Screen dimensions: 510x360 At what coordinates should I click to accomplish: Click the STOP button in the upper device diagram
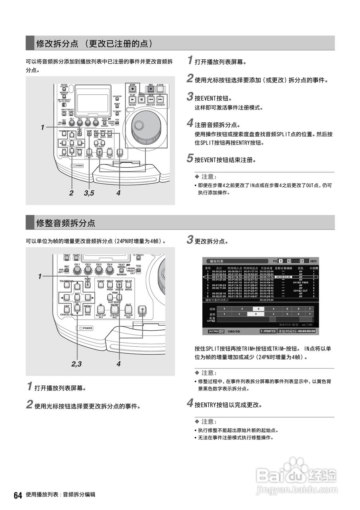(133, 88)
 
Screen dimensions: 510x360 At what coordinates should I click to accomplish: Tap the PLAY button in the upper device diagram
(133, 100)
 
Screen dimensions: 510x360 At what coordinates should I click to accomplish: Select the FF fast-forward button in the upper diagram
(160, 100)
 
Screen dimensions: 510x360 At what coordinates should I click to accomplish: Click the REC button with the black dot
(151, 88)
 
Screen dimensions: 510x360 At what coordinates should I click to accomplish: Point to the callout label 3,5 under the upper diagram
(89, 193)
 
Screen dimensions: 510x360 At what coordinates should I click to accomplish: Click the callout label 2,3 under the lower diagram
(77, 363)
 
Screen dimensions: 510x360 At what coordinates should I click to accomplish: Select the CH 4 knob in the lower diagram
(110, 271)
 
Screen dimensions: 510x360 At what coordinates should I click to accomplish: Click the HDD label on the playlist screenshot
(313, 261)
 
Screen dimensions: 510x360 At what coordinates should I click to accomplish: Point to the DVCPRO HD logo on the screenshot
(217, 331)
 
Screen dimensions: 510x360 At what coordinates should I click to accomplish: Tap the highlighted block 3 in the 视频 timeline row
(258, 309)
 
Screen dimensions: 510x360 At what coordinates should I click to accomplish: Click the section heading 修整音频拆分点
(66, 223)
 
